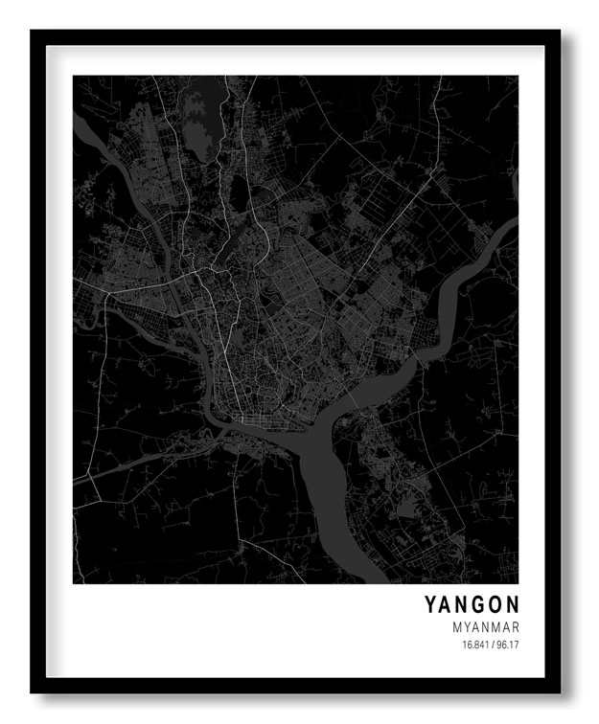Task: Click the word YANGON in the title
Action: click(x=472, y=604)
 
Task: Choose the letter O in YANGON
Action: click(x=495, y=604)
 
